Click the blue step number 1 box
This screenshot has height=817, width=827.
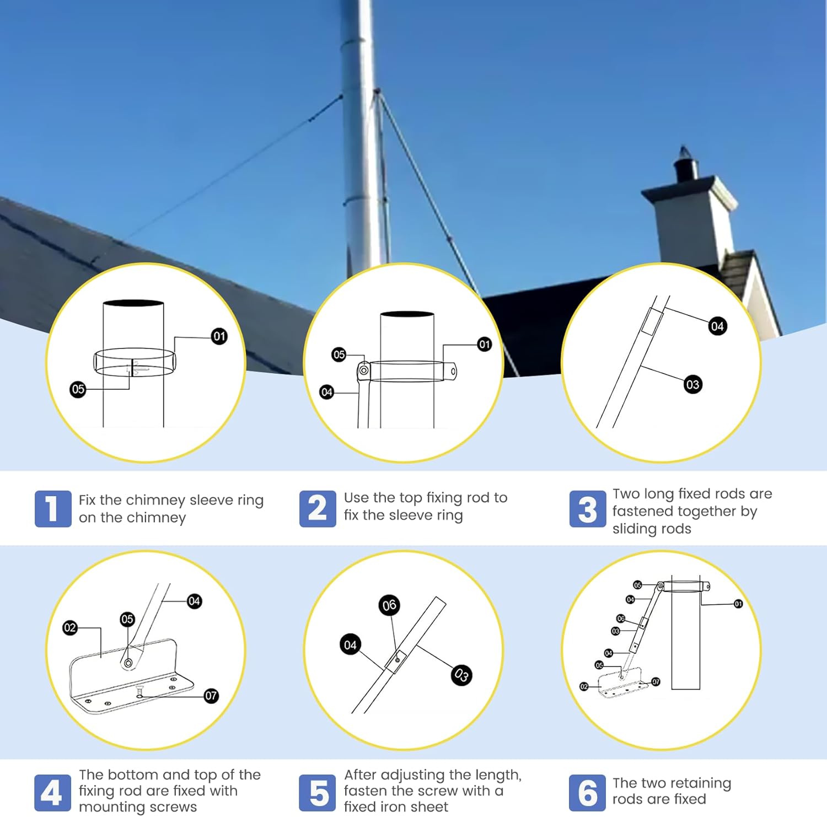[53, 508]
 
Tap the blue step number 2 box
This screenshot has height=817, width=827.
[318, 508]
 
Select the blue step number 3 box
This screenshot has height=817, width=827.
[588, 508]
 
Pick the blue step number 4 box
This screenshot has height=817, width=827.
[52, 793]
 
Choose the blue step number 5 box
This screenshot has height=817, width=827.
[318, 793]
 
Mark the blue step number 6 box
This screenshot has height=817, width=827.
[587, 793]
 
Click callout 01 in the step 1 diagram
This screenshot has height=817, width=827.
[219, 336]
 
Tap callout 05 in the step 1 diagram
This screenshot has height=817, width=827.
[78, 389]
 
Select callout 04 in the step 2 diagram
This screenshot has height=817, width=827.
[327, 392]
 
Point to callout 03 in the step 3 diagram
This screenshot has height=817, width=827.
[692, 384]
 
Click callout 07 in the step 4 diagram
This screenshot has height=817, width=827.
[211, 696]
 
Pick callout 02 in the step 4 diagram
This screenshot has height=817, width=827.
[70, 627]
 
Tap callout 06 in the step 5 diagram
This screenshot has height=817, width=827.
[389, 605]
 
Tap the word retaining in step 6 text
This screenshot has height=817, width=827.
[700, 783]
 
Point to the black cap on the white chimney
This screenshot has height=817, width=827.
[686, 165]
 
